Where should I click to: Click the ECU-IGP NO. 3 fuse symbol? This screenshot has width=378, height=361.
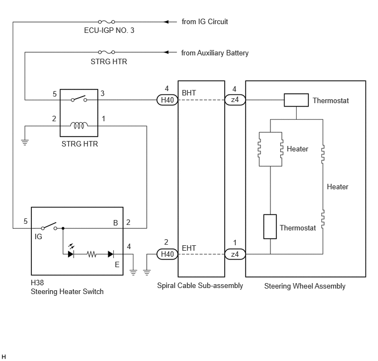(x=107, y=22)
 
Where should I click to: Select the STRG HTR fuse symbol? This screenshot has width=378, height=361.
(x=107, y=52)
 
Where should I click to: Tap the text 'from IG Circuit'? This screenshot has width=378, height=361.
(x=205, y=21)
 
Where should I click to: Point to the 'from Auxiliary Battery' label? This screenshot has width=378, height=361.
(x=215, y=53)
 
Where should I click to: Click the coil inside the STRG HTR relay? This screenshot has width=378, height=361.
(x=79, y=125)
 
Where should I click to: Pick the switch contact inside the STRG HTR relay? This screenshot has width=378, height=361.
(x=79, y=99)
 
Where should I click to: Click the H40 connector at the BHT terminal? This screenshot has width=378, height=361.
(x=168, y=100)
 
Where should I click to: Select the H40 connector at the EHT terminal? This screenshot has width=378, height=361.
(x=168, y=254)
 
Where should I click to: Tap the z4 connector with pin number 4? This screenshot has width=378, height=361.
(x=235, y=100)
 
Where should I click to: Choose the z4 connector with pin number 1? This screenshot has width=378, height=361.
(x=235, y=254)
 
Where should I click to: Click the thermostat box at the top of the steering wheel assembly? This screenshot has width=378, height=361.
(x=296, y=100)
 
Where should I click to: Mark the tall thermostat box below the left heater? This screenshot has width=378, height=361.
(x=270, y=227)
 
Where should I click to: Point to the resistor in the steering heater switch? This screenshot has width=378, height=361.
(x=92, y=254)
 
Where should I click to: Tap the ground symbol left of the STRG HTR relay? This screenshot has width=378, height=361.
(x=25, y=143)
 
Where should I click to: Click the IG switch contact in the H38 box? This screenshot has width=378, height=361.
(x=49, y=226)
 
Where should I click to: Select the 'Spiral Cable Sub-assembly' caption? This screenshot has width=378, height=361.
(x=200, y=286)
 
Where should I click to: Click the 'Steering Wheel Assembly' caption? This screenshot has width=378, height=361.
(x=305, y=286)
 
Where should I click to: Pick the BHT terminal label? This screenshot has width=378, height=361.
(x=189, y=93)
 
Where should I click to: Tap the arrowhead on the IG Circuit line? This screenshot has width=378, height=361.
(x=166, y=22)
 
